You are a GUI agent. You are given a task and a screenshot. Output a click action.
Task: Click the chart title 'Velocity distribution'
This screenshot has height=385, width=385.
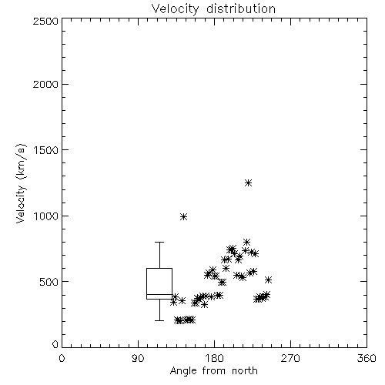pyautogui.click(x=213, y=9)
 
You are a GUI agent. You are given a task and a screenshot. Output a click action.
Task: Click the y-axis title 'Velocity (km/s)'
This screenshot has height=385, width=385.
pyautogui.click(x=21, y=183)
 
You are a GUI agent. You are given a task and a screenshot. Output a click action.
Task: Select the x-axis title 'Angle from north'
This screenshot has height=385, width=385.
pyautogui.click(x=213, y=371)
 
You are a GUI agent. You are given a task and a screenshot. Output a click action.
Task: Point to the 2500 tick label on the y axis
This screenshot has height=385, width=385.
pyautogui.click(x=45, y=21)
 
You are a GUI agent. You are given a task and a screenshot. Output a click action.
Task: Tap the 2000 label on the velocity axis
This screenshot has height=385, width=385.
pyautogui.click(x=45, y=84)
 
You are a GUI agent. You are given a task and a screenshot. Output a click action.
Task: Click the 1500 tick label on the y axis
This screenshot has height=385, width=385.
pyautogui.click(x=46, y=150)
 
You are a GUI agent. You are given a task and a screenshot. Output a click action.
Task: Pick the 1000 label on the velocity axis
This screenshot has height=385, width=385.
pyautogui.click(x=46, y=216)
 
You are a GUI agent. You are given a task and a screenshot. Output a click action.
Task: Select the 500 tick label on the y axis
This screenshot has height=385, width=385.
pyautogui.click(x=49, y=282)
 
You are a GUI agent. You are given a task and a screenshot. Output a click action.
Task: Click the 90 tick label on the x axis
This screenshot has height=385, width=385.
pyautogui.click(x=138, y=358)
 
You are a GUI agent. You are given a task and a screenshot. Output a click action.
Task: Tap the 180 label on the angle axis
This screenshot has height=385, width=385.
pyautogui.click(x=215, y=358)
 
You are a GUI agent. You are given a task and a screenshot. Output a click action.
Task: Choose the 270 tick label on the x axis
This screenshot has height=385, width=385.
pyautogui.click(x=290, y=358)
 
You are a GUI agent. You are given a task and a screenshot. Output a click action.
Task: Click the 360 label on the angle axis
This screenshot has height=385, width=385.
pyautogui.click(x=367, y=358)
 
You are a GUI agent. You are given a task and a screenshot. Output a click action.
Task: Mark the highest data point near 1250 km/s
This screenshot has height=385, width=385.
pyautogui.click(x=248, y=183)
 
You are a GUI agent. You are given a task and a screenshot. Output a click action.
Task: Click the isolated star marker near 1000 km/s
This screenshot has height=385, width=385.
pyautogui.click(x=183, y=217)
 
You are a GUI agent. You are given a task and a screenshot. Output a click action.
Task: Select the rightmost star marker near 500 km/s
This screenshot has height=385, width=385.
pyautogui.click(x=268, y=280)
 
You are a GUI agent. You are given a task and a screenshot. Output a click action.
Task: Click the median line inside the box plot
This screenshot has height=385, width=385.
pyautogui.click(x=159, y=294)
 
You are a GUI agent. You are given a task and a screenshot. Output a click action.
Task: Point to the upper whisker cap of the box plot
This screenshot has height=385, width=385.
pyautogui.click(x=159, y=242)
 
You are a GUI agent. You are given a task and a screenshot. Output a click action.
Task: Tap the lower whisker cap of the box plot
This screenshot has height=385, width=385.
pyautogui.click(x=159, y=320)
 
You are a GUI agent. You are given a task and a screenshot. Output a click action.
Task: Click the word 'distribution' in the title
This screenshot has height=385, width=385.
pyautogui.click(x=241, y=9)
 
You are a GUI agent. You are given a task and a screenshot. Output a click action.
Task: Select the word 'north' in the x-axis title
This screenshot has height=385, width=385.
pyautogui.click(x=245, y=371)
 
